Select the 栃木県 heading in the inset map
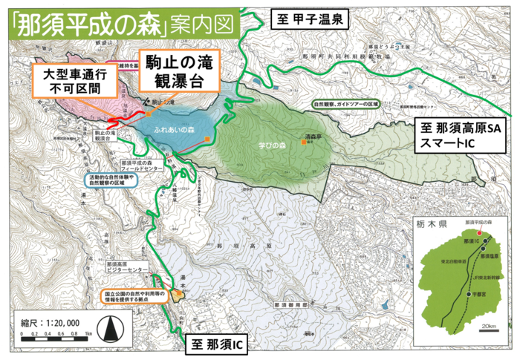point(437,223)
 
